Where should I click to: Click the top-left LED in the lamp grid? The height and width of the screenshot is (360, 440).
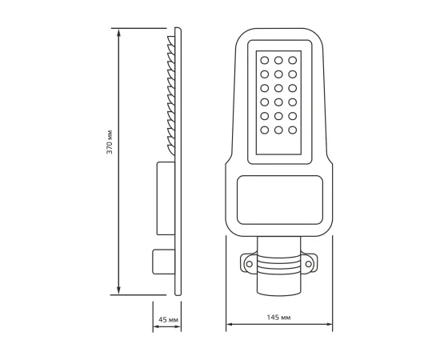(263, 60)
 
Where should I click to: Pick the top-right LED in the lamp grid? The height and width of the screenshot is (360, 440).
(293, 60)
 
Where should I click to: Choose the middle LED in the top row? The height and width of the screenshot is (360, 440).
(278, 60)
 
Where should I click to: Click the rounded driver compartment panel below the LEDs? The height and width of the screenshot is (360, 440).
(279, 195)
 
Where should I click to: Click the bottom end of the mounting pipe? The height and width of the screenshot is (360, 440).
(279, 293)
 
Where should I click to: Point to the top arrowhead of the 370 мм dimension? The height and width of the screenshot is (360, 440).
(119, 32)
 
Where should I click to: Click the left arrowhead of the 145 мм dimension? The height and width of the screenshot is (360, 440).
(230, 325)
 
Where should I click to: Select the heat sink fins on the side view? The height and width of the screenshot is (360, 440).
(170, 92)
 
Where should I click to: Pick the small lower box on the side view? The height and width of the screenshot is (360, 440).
(162, 262)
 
